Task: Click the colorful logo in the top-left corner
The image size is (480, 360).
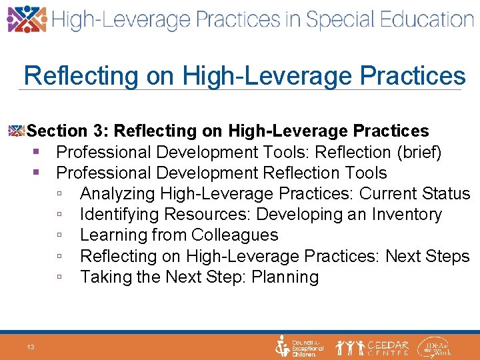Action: pos(27,19)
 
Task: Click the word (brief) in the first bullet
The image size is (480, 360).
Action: pos(418,153)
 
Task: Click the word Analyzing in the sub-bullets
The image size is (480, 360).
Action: pos(117,194)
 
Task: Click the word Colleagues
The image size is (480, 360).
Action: pos(235,235)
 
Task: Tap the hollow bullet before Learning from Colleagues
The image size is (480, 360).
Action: pos(60,236)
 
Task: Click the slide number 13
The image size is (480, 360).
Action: pos(31,347)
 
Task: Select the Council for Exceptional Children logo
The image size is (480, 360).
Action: pos(299,347)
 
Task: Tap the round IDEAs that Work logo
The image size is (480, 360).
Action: pos(435,347)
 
